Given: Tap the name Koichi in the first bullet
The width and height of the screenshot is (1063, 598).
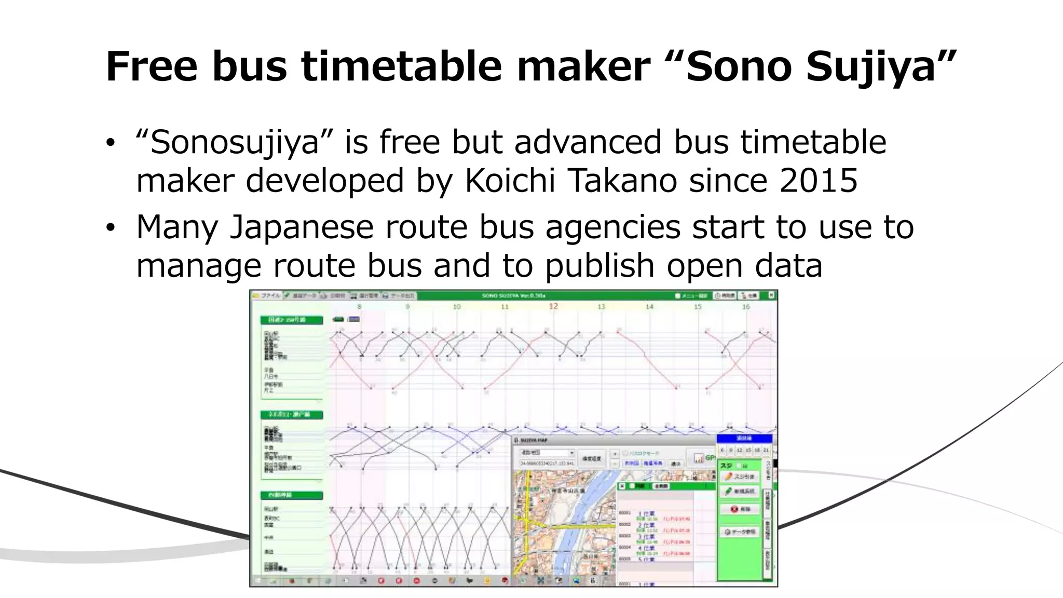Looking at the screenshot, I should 509,181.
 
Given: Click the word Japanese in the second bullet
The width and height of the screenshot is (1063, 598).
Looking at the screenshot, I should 302,227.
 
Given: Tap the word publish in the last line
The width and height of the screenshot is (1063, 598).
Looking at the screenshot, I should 599,265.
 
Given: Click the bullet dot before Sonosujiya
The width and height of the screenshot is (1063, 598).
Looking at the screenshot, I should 110,143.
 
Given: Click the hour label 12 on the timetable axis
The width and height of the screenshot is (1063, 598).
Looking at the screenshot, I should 553,306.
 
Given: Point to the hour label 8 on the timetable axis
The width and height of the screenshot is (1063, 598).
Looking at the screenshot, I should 359,307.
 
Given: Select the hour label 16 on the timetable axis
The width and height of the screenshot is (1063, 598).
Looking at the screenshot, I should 745,307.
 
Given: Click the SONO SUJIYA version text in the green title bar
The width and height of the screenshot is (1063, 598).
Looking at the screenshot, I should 513,295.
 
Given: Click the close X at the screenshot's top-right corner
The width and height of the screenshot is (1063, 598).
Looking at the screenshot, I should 771,295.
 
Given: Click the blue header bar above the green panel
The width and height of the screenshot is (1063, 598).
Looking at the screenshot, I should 745,439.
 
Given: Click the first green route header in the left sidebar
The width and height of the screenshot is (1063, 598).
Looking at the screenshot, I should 292,320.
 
